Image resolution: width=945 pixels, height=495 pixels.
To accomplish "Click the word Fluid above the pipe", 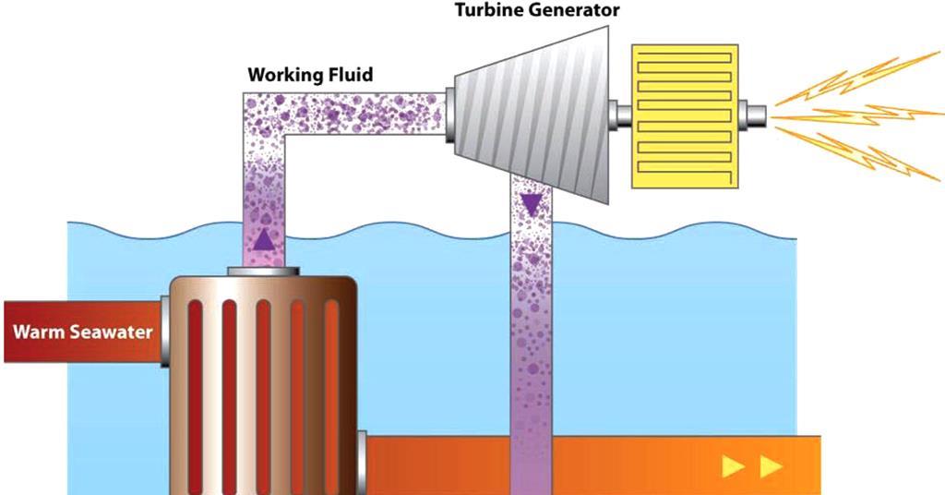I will pos(352,75).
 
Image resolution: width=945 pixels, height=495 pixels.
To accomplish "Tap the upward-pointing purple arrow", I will pos(264,240).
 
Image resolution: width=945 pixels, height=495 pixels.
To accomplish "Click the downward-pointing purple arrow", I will pos(531,203).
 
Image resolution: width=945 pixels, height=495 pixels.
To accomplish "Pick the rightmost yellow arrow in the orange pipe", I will pos(771,467).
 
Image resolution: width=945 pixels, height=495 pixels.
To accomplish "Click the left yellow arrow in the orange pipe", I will pos(734,467).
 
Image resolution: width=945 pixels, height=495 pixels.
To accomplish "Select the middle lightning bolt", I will pos(854,117).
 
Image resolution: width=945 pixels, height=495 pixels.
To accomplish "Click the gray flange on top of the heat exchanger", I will pos(264,272).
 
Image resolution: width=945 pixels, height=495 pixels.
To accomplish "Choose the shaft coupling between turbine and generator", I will pos(623,115).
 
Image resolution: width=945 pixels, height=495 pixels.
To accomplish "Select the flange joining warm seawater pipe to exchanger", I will pos(162,331).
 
